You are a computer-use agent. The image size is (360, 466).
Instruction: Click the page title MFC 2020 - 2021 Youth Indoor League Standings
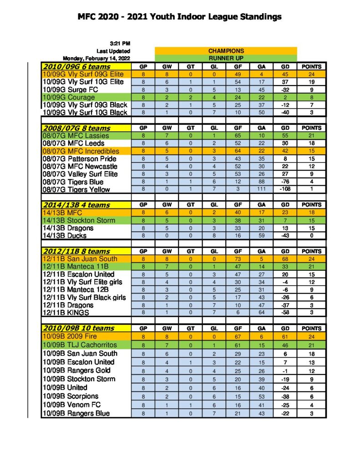coord(180,17)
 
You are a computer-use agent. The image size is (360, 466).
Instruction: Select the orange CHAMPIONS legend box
coord(226,51)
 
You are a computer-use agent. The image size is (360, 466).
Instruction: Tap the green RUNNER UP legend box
coord(226,58)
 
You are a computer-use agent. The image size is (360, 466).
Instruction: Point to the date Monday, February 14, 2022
coord(96,58)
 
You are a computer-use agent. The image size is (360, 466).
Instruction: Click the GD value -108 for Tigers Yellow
coord(285,189)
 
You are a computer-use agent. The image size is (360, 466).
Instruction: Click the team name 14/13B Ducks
coord(65,236)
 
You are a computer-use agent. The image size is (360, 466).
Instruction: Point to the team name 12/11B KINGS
coord(66,313)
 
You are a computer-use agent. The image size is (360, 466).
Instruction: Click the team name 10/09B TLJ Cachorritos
coord(80,344)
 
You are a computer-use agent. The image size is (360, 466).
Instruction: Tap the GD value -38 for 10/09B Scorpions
coord(285,396)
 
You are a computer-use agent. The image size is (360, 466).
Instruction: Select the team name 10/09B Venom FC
coord(72,405)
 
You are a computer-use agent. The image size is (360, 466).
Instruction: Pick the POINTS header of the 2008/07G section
coord(311,128)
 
